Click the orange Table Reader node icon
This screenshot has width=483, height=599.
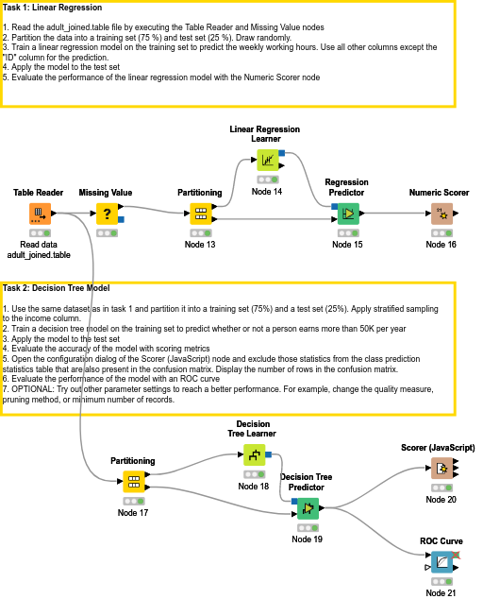coord(39,214)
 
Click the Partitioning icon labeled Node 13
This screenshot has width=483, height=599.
coord(200,214)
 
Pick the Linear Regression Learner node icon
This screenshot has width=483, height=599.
coord(267,160)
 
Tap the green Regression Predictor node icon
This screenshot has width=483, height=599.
coord(346,214)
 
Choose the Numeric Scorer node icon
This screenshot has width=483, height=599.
coord(441,214)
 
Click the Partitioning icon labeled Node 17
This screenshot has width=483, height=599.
coord(133,482)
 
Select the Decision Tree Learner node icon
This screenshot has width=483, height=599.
coord(254,455)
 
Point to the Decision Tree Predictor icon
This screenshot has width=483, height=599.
coord(307,509)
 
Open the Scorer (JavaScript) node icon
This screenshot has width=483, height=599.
coord(441,468)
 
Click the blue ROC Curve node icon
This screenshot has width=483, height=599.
coord(441,563)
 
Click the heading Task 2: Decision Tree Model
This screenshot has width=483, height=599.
coord(57,287)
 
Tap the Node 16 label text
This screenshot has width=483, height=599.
coord(441,245)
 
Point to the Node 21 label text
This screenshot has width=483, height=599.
coord(441,593)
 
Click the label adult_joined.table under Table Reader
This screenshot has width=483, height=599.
coord(39,255)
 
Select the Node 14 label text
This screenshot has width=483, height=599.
coord(267,192)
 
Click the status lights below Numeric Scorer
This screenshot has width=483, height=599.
coord(441,232)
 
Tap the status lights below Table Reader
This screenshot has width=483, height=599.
coord(39,232)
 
